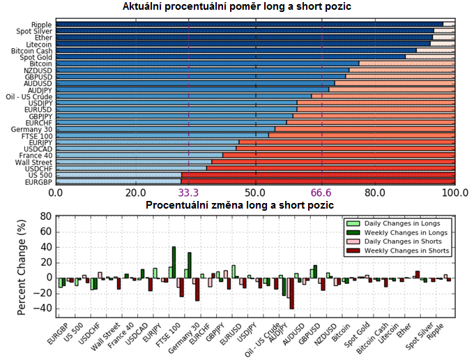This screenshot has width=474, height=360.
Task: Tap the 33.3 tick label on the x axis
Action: point(189,192)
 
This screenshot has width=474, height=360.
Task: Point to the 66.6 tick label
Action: point(322,192)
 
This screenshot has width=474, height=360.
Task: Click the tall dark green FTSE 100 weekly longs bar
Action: point(174,262)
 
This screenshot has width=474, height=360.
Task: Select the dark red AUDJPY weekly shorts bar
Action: point(291,293)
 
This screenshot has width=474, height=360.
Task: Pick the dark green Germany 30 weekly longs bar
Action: point(189,265)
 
